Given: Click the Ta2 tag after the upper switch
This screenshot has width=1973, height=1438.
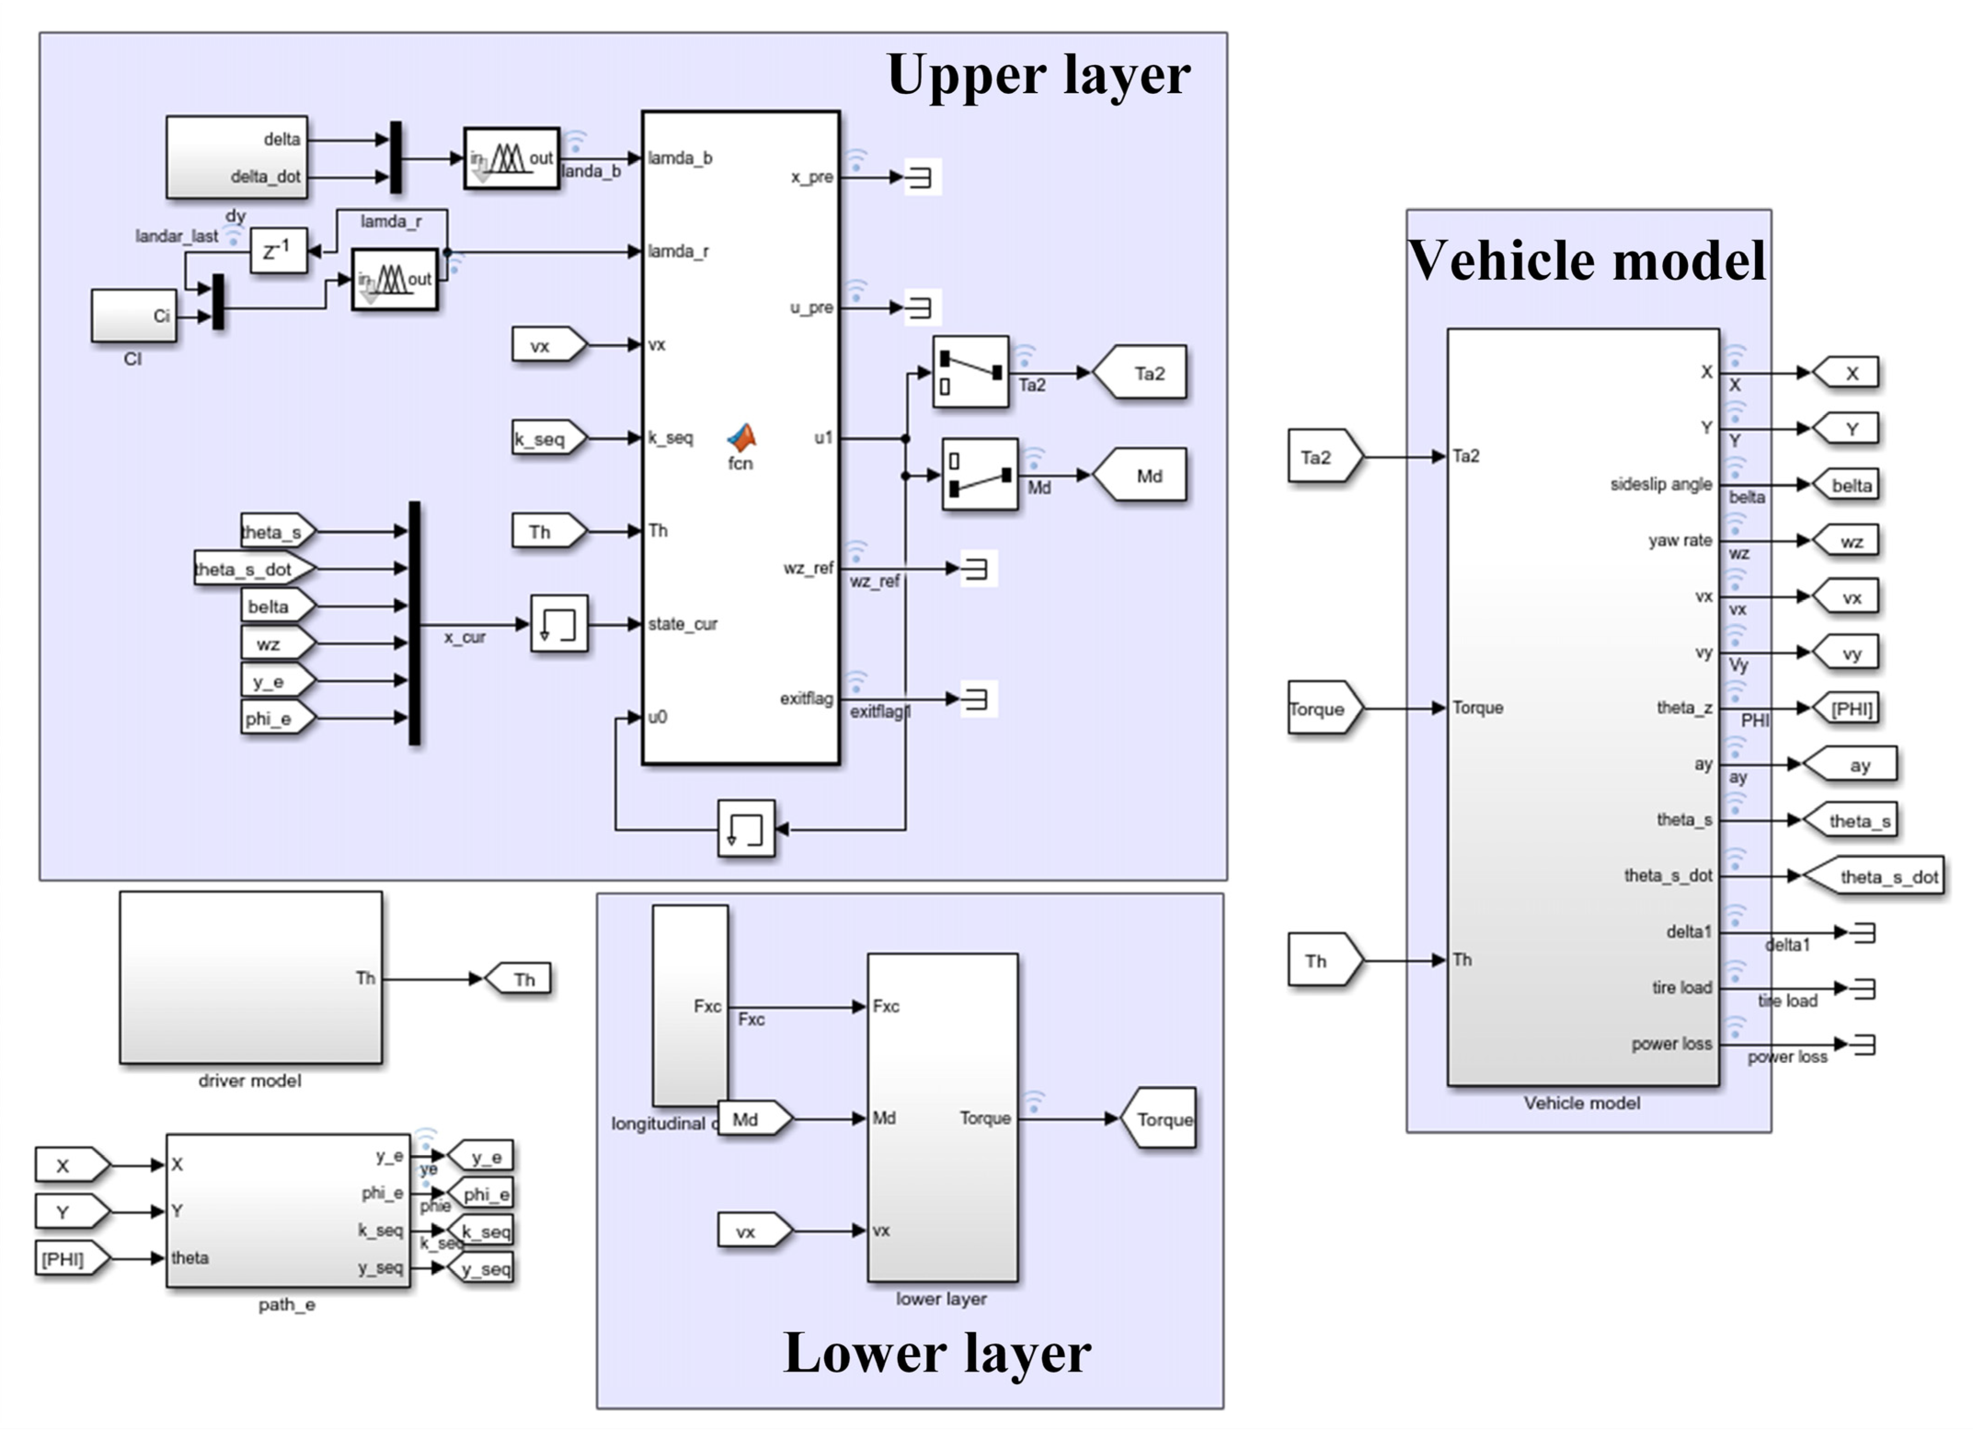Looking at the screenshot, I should [1140, 374].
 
